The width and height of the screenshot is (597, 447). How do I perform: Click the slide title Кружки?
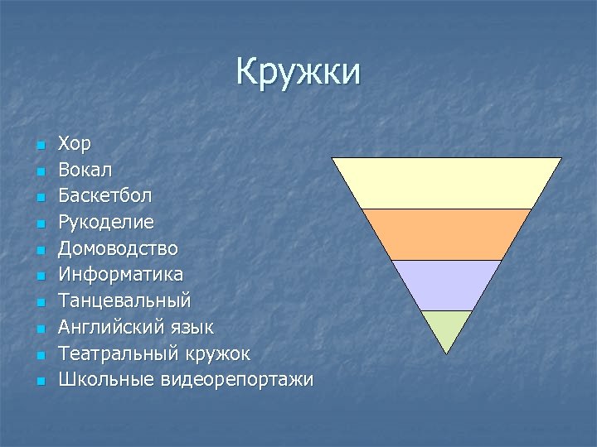tap(298, 72)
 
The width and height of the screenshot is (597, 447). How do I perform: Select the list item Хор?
tap(75, 144)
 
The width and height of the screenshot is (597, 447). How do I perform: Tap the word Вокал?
tap(85, 170)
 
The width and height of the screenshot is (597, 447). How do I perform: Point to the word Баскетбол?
tap(104, 196)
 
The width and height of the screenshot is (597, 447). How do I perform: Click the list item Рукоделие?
tap(106, 222)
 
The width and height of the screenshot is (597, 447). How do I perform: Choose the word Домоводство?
tap(118, 248)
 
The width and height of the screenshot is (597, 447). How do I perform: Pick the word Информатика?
tap(120, 274)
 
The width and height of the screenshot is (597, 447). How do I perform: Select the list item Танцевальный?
tap(124, 300)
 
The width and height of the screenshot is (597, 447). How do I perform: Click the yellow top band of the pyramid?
tap(447, 183)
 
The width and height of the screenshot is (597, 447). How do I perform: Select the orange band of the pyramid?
tap(447, 234)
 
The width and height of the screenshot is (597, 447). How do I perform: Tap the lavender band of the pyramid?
tap(447, 285)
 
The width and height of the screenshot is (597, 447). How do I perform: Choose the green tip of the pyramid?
tap(447, 328)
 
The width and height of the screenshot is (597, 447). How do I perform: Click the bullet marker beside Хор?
tap(39, 146)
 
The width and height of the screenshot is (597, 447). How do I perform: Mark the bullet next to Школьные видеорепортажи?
tap(39, 382)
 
